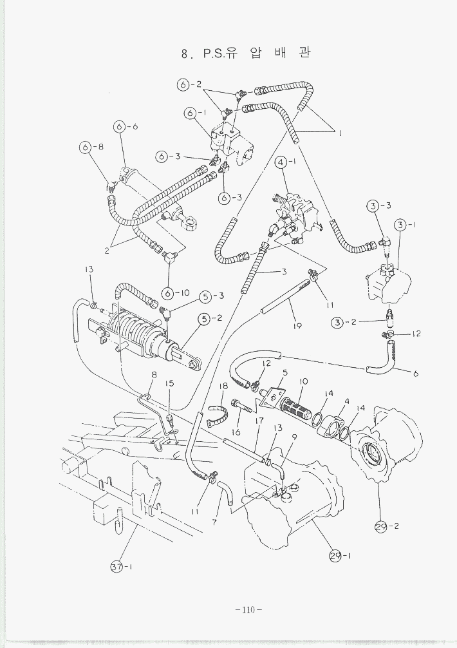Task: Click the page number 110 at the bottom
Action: click(247, 609)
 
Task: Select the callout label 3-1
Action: click(407, 225)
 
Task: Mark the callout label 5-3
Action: click(212, 296)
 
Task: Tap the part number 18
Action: click(223, 386)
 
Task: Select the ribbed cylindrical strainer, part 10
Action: click(295, 408)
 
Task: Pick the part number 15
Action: click(170, 384)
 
